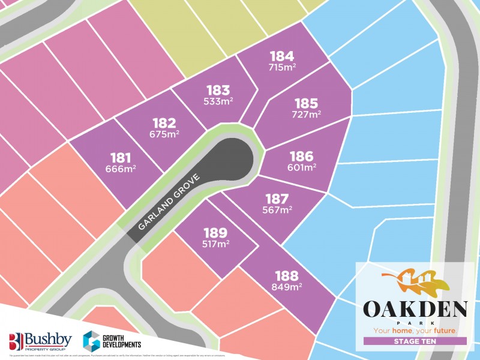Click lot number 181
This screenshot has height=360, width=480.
[x=121, y=158]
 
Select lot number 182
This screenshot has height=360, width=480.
[x=163, y=123]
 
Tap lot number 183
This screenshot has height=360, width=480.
[x=218, y=91]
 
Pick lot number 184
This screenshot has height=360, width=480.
[x=282, y=56]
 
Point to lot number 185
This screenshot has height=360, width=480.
[x=306, y=103]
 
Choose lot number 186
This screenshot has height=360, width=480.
[x=301, y=157]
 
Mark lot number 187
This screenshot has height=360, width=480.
[x=277, y=199]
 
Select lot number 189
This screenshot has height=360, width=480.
[x=215, y=233]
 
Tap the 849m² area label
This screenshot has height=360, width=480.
[x=287, y=287]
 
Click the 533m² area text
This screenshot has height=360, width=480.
[x=218, y=101]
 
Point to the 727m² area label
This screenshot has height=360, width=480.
[x=306, y=114]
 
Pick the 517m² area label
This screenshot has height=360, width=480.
[x=215, y=244]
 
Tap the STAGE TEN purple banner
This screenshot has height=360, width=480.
[x=415, y=341]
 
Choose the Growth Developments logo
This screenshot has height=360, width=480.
[x=112, y=340]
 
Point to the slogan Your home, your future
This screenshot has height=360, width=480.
[x=415, y=330]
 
